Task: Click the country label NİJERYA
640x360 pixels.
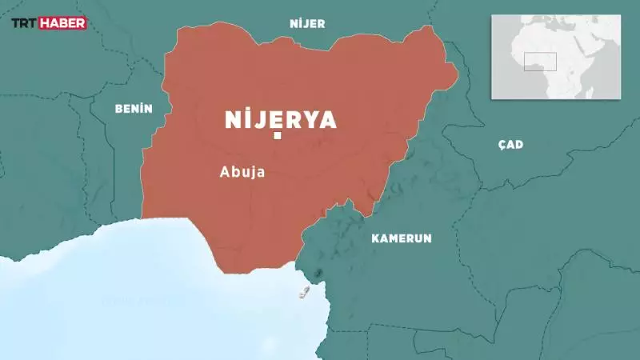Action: point(280,119)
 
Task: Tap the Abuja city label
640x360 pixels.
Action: point(242,171)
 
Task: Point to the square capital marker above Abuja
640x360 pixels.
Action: point(278,136)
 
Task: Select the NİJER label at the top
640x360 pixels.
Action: point(307,24)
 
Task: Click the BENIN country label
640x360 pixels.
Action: point(134,108)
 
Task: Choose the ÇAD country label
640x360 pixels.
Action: point(510,144)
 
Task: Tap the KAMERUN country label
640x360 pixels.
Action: point(402,238)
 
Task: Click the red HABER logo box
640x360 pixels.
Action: point(64,23)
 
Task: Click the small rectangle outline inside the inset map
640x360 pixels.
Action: point(540,62)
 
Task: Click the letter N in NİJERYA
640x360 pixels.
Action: point(234,119)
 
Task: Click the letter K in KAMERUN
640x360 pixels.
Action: point(374,238)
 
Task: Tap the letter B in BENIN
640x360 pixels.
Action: point(118,108)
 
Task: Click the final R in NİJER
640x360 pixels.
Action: point(322,24)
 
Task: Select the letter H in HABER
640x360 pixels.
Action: point(49,23)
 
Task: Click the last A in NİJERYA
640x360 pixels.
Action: point(328,119)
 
